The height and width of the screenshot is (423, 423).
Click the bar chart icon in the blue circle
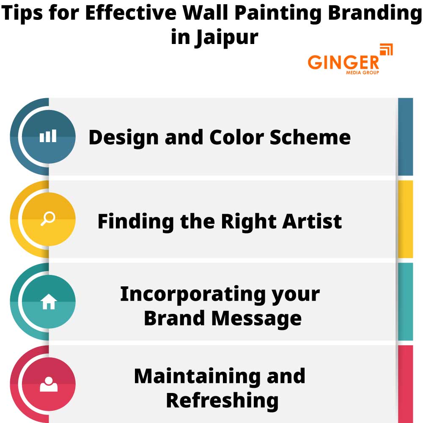48,137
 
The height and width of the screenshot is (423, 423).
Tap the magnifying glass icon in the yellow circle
48,219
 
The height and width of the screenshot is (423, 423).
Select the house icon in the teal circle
48,302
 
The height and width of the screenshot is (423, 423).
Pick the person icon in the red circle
48,384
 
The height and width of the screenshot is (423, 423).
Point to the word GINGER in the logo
343,63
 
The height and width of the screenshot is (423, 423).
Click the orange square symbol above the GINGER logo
386,49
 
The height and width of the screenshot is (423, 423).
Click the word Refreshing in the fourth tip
222,400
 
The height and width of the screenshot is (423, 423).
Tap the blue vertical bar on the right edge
405,137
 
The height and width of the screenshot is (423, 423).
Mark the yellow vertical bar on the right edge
405,219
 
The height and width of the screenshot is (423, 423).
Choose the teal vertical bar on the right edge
405,302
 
